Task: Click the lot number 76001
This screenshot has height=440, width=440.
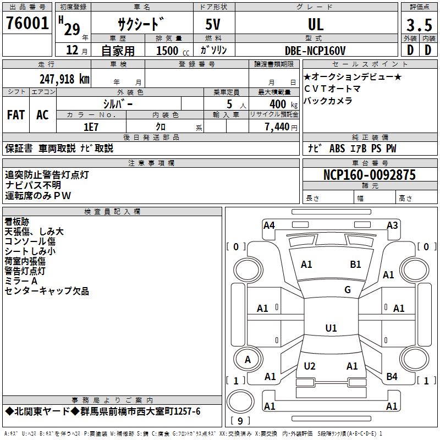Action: click(x=27, y=24)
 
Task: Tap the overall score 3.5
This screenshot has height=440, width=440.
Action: click(x=419, y=25)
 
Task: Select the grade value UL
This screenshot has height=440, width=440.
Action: click(x=316, y=24)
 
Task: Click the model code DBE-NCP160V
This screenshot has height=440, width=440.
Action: click(x=316, y=51)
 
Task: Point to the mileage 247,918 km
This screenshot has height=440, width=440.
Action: click(x=64, y=79)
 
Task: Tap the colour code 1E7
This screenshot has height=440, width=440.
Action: click(x=91, y=127)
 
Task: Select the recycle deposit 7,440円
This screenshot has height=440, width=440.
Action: click(x=280, y=127)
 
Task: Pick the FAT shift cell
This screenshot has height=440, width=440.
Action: click(x=16, y=115)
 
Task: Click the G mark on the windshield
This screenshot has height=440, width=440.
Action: click(x=348, y=290)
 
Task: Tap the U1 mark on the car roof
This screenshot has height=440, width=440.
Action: click(x=331, y=328)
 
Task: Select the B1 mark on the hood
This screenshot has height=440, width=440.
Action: click(x=356, y=265)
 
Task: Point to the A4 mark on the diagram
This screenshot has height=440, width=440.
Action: click(x=269, y=225)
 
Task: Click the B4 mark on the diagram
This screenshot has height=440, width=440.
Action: click(x=392, y=377)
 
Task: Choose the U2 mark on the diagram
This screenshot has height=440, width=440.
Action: click(x=310, y=366)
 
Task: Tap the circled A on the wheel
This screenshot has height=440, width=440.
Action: click(x=248, y=360)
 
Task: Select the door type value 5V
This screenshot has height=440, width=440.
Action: click(x=214, y=24)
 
